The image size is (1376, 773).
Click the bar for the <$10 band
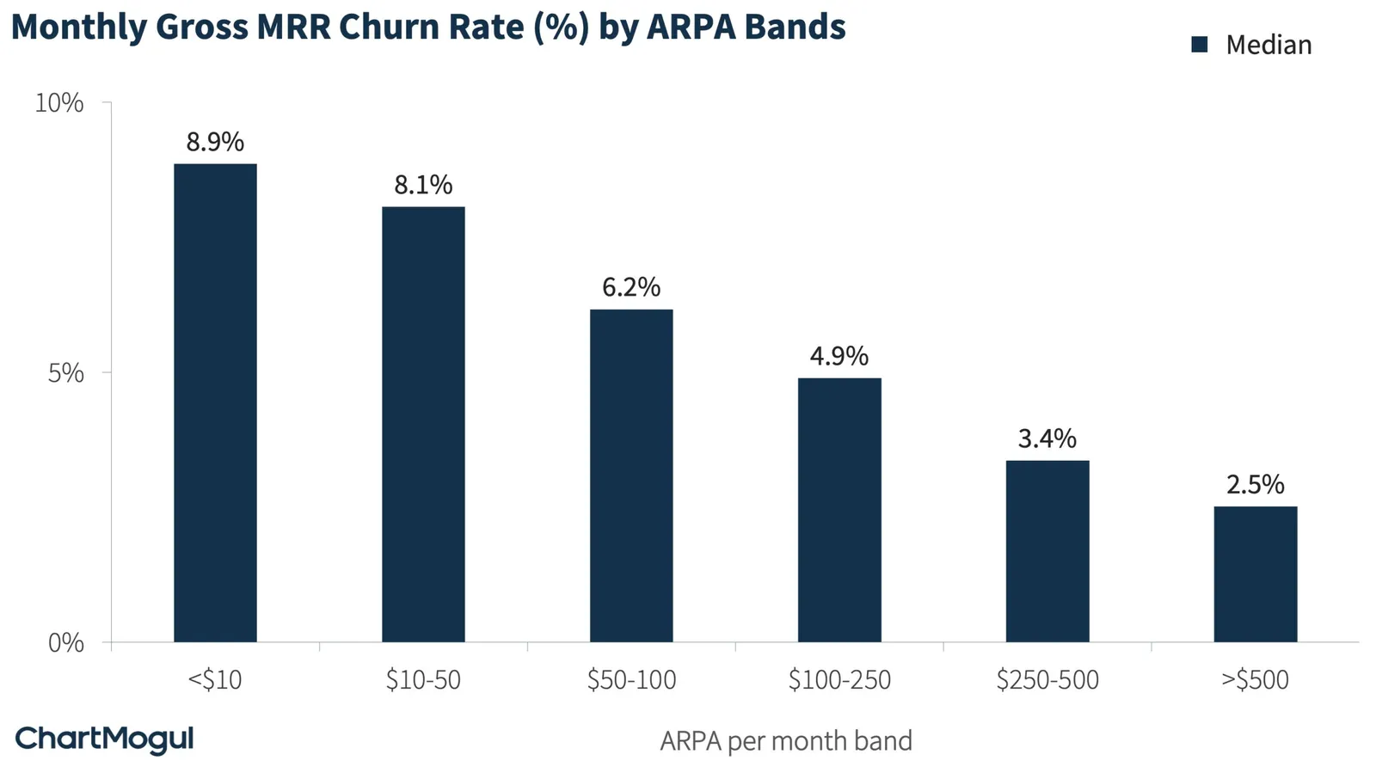coord(215,402)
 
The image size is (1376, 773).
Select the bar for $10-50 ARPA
coord(423,424)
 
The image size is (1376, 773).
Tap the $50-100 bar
coord(631,475)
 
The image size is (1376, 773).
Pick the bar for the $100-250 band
coord(839,510)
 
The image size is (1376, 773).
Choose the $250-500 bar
coord(1047,551)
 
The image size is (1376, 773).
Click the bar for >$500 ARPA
coord(1256,574)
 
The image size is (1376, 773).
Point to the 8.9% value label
coord(215,142)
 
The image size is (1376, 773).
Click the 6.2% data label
coord(631,287)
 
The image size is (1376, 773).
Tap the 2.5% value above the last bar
coord(1256,484)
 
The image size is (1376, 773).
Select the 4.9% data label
coord(839,356)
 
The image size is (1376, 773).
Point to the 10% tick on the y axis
coord(59,103)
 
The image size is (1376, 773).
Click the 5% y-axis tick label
coord(65,373)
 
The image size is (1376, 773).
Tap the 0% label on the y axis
coord(65,643)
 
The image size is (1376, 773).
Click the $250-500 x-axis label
coord(1047,679)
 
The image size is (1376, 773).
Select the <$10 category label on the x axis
coord(215,679)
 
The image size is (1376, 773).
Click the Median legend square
coord(1199,45)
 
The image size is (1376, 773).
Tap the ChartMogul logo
coord(104,739)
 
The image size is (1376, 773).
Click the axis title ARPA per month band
coord(786,741)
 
